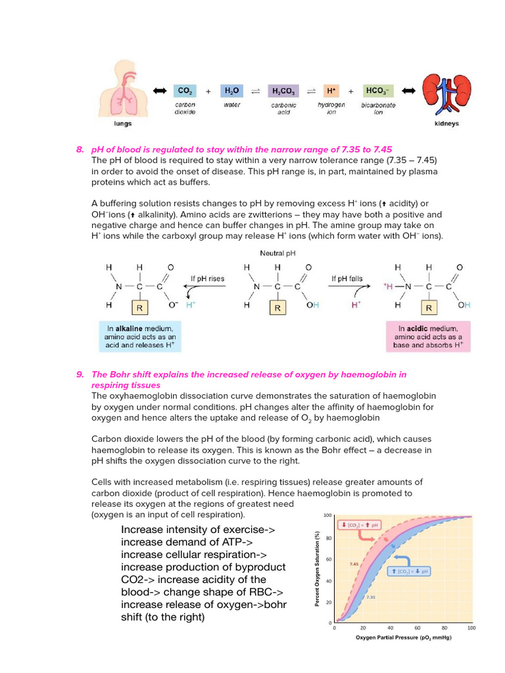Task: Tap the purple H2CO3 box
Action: click(284, 91)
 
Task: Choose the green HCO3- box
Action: click(378, 91)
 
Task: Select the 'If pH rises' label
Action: click(207, 279)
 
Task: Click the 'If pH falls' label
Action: click(347, 279)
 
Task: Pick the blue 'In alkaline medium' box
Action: click(139, 336)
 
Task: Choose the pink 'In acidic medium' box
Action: click(428, 336)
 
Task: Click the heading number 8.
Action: click(80, 150)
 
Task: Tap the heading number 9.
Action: click(80, 375)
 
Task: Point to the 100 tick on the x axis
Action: click(471, 628)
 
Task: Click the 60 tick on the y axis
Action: click(329, 559)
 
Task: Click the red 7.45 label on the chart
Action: click(354, 564)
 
